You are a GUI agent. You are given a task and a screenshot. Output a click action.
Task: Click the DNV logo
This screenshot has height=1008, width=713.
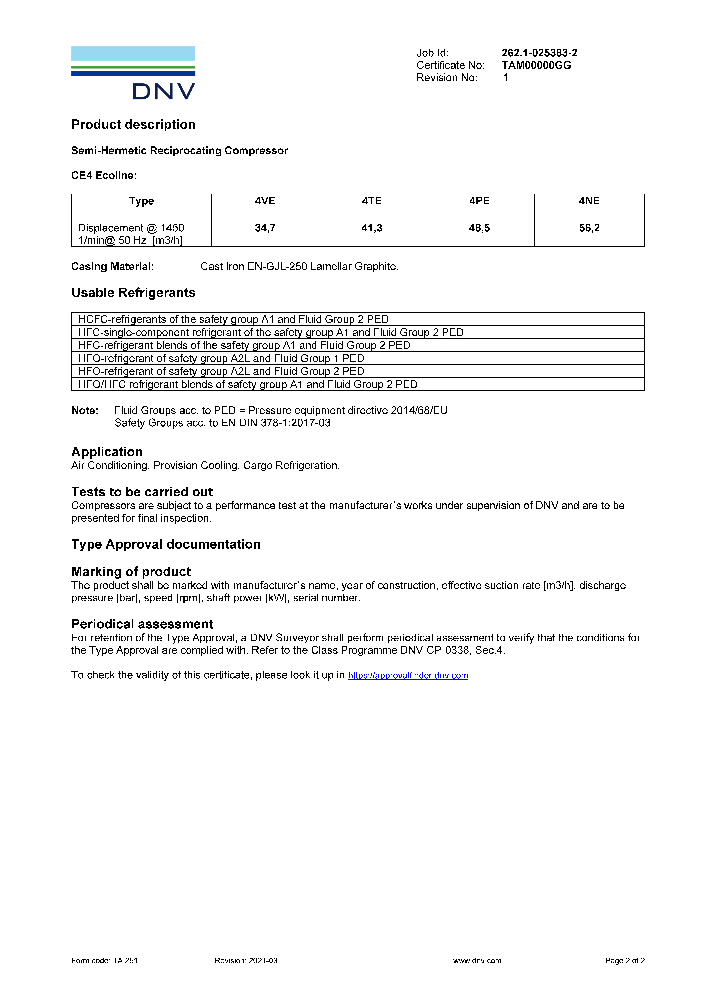133,73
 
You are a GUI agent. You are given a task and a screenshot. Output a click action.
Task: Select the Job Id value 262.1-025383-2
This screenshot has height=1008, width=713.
539,53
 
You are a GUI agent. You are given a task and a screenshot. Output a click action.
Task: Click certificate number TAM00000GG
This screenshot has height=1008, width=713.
536,65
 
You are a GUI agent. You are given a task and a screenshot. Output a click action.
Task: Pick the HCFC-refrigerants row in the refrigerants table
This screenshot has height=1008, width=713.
233,319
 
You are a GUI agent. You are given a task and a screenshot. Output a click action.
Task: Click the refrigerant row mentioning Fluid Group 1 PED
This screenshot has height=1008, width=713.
221,358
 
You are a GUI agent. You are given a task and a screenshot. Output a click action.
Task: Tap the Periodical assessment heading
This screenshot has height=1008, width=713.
142,624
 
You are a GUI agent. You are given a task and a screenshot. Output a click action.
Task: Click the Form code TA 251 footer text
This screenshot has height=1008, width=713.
104,961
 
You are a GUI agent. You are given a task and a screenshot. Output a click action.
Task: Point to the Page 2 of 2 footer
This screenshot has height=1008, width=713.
624,961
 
